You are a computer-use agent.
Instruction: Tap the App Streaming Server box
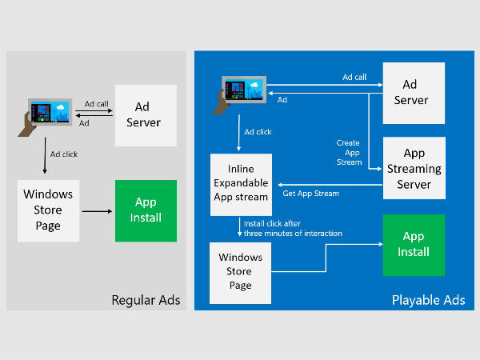tap(414, 169)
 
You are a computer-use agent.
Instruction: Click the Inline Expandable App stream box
tap(239, 185)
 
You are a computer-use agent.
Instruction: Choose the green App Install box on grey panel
tap(147, 210)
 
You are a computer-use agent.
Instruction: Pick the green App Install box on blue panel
tap(414, 244)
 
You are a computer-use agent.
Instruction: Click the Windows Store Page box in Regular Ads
tap(48, 210)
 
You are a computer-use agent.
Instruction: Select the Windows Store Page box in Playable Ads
tap(240, 272)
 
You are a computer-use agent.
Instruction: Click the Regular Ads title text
tap(146, 301)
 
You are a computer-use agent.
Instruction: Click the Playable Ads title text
tap(429, 301)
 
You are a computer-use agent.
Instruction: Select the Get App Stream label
tap(311, 194)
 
